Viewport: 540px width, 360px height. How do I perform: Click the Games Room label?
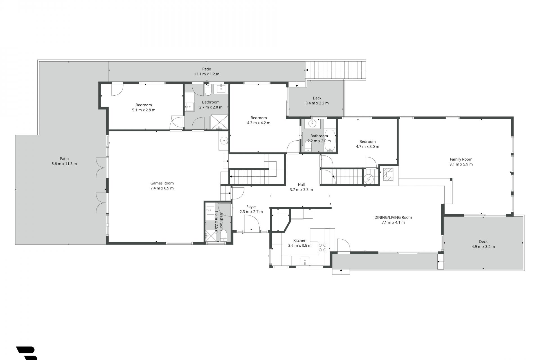(162, 183)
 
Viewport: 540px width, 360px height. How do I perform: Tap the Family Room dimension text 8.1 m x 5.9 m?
(461, 164)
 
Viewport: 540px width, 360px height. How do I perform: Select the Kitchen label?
(300, 240)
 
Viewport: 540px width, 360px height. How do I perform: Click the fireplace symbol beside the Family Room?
(389, 174)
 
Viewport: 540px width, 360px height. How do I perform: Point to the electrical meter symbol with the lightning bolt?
(368, 179)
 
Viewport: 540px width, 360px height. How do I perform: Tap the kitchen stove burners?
(323, 247)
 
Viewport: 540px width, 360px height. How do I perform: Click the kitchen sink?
(305, 261)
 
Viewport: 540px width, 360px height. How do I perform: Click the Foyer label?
(251, 207)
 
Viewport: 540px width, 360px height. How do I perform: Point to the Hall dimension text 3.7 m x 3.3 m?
(301, 190)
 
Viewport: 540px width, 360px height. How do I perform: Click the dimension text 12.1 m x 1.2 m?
(207, 74)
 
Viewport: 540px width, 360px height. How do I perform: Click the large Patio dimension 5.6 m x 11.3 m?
(64, 164)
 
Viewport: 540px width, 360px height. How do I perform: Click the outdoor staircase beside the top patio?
(336, 70)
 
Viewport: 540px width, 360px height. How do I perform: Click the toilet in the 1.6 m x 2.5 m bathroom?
(224, 236)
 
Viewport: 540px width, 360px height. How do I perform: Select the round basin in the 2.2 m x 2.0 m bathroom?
(312, 123)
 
